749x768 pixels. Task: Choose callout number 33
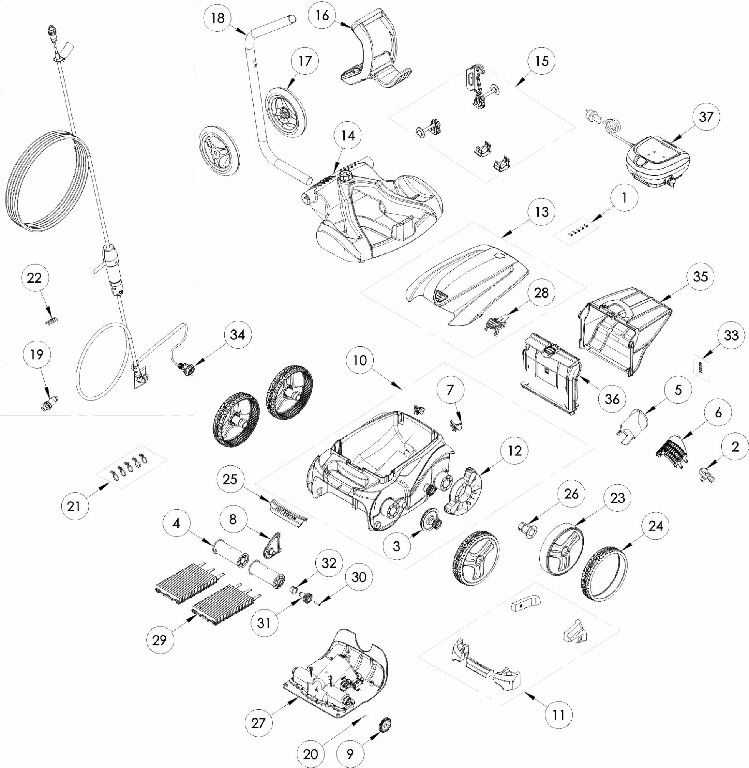pyautogui.click(x=730, y=336)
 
